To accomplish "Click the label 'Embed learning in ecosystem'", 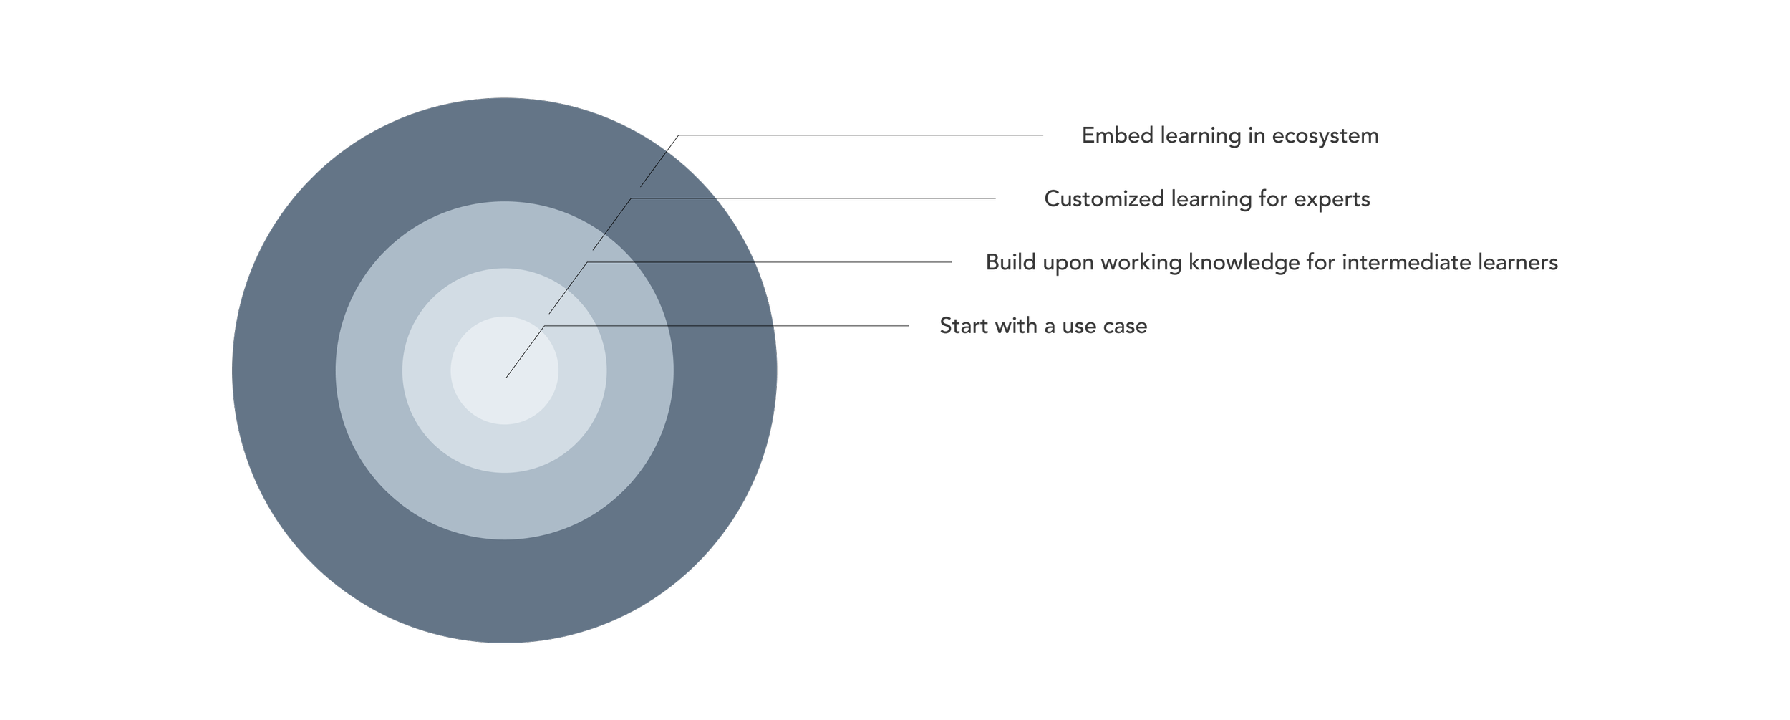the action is (1229, 135).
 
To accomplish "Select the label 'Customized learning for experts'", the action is (1207, 198).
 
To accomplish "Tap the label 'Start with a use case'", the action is (1043, 326).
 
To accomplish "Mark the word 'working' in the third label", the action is (1141, 263).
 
